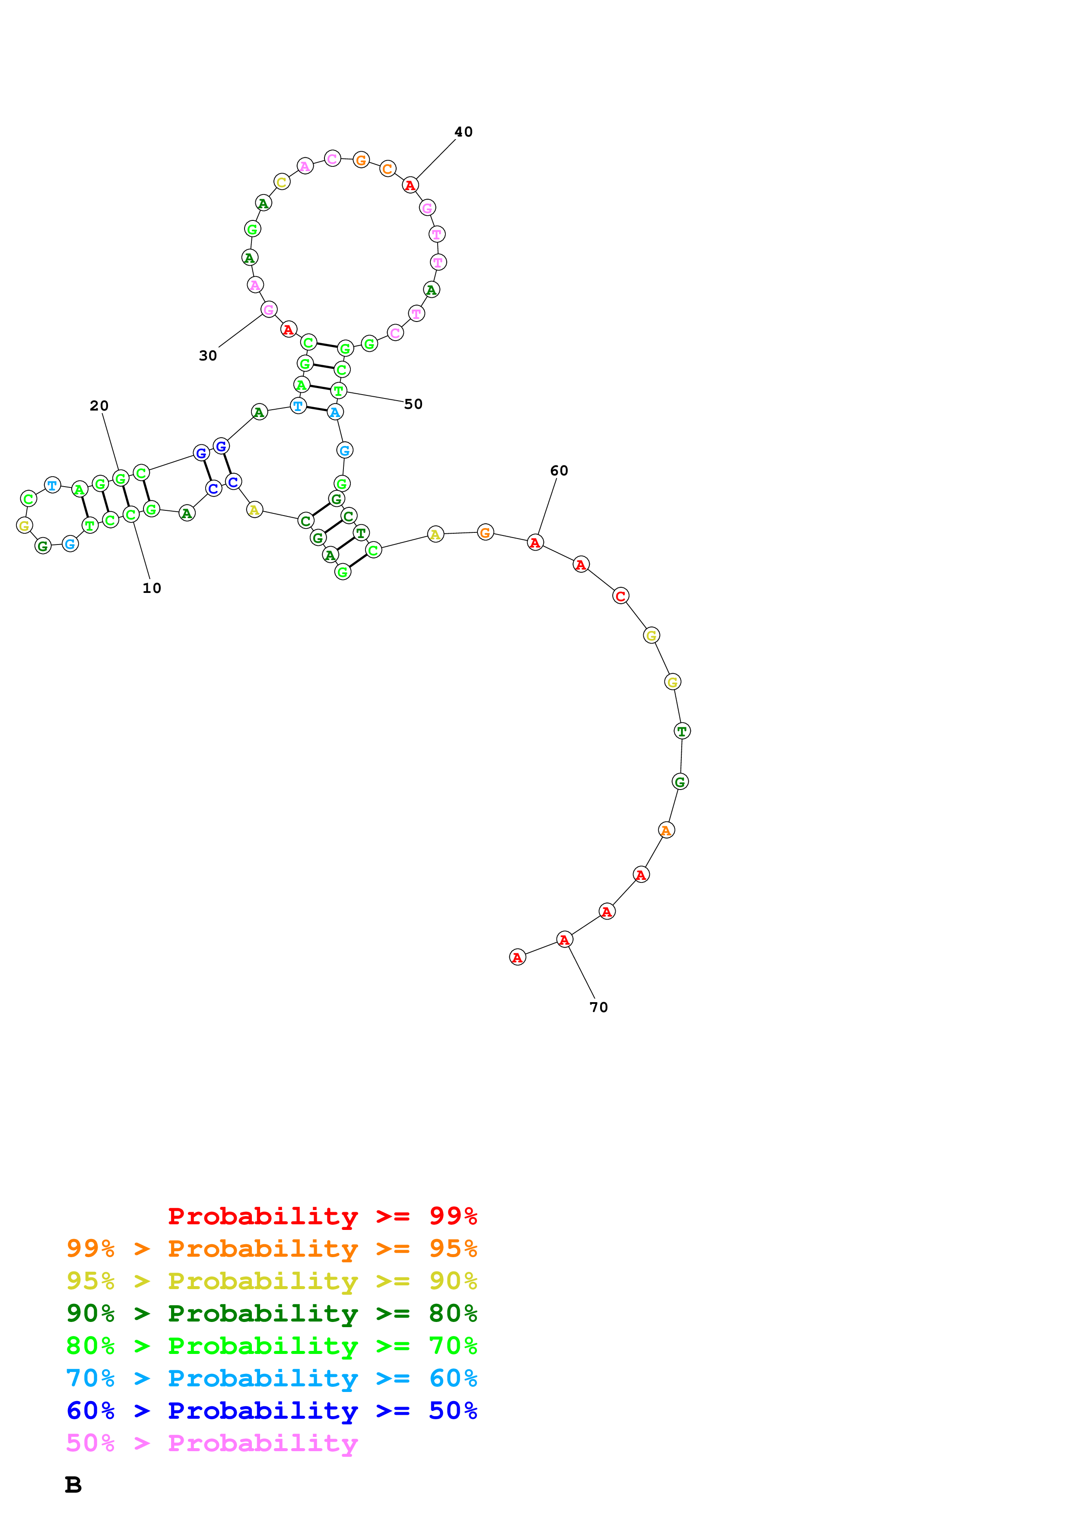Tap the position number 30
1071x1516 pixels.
pyautogui.click(x=208, y=356)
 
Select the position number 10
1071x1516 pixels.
pyautogui.click(x=152, y=588)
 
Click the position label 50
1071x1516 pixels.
pyautogui.click(x=413, y=404)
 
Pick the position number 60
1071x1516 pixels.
pyautogui.click(x=559, y=471)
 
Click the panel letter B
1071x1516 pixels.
pyautogui.click(x=73, y=1485)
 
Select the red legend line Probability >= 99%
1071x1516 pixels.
pyautogui.click(x=322, y=1216)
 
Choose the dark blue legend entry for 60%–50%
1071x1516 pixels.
pyautogui.click(x=271, y=1411)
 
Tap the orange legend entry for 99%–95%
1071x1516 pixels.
pyautogui.click(x=271, y=1248)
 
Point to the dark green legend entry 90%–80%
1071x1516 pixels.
pyautogui.click(x=271, y=1313)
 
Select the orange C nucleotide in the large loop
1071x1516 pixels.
pyautogui.click(x=388, y=169)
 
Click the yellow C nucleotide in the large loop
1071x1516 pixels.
pyautogui.click(x=282, y=182)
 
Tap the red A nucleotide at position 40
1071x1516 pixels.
pyautogui.click(x=410, y=185)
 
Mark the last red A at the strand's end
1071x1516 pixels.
pyautogui.click(x=517, y=957)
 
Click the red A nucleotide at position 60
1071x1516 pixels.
pyautogui.click(x=535, y=543)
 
